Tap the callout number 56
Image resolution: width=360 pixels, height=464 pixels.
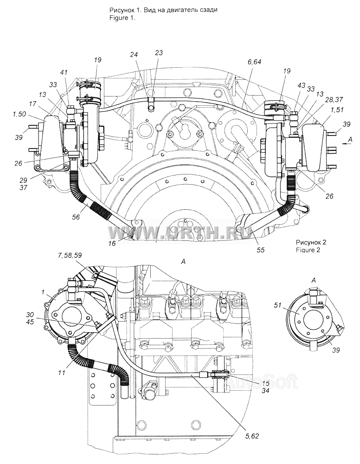76,217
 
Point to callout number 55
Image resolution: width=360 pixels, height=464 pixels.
261,250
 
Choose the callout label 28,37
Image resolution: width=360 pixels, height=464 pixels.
334,100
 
